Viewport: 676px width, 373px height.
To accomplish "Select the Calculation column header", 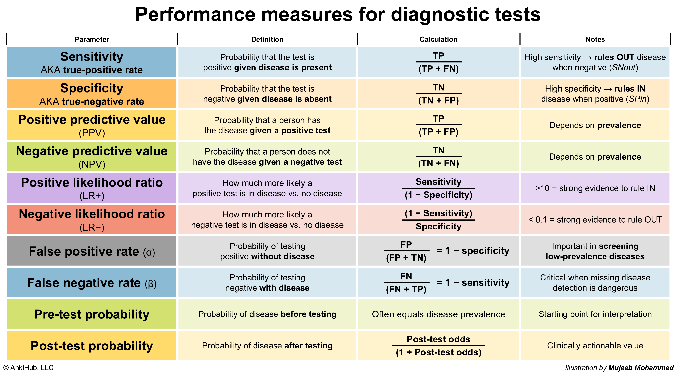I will tap(438, 39).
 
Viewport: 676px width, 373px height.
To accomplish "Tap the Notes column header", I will tap(595, 39).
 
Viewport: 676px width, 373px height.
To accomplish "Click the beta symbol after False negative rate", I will tap(151, 284).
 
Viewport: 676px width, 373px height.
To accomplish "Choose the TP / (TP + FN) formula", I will tap(438, 62).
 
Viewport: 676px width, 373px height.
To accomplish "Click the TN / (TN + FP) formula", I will tap(438, 94).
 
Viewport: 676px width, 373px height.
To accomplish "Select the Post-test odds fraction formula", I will tap(438, 346).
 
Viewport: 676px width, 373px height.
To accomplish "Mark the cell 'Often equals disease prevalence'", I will tap(438, 314).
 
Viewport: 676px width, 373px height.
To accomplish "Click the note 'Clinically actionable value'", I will tap(595, 346).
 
